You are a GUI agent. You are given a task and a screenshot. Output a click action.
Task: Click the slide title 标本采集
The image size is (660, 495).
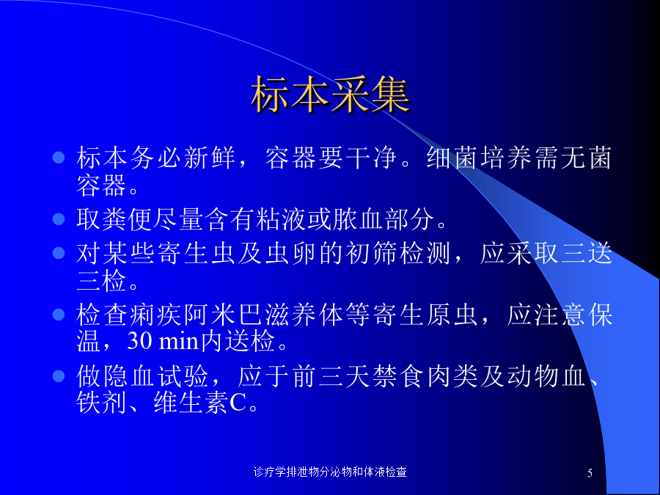[x=330, y=95]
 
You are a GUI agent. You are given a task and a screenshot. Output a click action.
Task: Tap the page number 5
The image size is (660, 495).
[x=590, y=473]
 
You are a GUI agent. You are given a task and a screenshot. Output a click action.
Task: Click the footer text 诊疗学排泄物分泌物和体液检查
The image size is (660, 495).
[x=330, y=472]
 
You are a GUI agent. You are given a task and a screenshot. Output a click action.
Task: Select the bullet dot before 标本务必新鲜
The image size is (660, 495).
[x=59, y=158]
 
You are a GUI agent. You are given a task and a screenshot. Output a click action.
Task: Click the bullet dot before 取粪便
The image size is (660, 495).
[x=59, y=219]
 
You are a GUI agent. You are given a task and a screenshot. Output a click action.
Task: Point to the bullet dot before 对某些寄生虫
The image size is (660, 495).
[x=59, y=252]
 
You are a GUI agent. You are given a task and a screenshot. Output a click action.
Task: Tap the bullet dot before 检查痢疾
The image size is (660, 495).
[x=59, y=315]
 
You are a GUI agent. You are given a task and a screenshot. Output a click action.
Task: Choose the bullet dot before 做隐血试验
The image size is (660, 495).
[x=59, y=376]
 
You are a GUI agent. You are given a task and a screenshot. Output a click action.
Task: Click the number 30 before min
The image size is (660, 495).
[x=139, y=341]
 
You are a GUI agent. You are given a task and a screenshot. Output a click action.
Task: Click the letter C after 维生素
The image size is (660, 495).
[x=238, y=403]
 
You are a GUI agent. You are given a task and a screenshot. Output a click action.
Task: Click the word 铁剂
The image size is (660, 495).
[x=102, y=403]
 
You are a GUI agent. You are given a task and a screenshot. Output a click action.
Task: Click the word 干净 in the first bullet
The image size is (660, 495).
[x=371, y=158]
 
